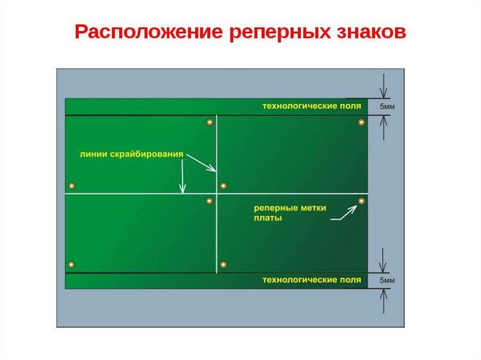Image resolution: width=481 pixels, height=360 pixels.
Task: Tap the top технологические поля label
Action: [x=311, y=106]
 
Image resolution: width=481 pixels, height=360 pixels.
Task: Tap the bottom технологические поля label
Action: [x=311, y=280]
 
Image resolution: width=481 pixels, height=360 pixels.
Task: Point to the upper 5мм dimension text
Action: [x=387, y=107]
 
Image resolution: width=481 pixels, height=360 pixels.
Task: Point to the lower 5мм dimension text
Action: [x=387, y=281]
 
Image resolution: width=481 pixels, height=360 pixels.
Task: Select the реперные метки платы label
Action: [x=289, y=213]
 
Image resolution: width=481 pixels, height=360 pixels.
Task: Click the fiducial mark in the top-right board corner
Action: [x=361, y=122]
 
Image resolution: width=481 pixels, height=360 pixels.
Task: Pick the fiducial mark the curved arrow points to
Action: [x=361, y=201]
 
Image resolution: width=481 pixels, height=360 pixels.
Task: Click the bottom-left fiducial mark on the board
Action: [x=71, y=264]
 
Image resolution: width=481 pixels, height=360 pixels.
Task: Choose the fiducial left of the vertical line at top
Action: [x=209, y=122]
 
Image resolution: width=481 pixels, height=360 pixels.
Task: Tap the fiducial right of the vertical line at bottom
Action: [x=223, y=264]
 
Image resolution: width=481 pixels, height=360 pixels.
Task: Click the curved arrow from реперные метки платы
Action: [x=344, y=214]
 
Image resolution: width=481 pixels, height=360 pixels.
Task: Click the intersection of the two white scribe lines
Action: [x=217, y=193]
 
